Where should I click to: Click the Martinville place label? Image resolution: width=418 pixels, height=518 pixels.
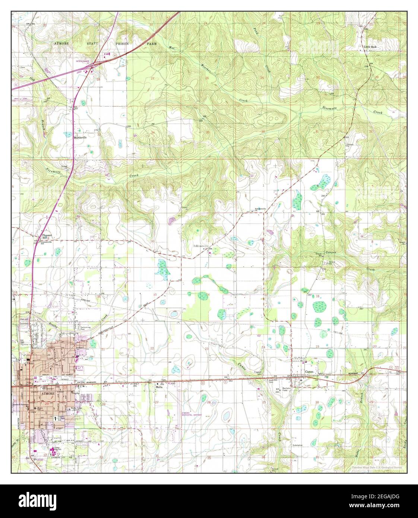pos(80,137)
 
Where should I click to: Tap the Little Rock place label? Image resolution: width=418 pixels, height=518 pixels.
pos(371,47)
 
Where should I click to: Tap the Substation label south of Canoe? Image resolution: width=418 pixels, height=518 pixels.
pos(298,445)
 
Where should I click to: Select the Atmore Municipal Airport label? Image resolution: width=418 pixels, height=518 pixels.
pos(190,415)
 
